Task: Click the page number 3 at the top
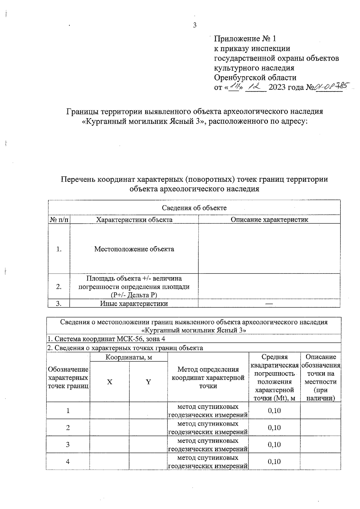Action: (195, 25)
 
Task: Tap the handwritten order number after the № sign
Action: (329, 87)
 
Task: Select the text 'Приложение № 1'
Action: (245, 39)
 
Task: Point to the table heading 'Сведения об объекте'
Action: (194, 208)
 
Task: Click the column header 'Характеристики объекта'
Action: (134, 220)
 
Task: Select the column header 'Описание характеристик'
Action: (269, 220)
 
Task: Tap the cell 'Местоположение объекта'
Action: (134, 249)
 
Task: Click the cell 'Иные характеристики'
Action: (134, 304)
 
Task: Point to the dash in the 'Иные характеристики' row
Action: (269, 304)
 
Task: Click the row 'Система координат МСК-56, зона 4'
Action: (106, 339)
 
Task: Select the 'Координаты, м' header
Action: (129, 357)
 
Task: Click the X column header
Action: (110, 382)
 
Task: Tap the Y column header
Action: (148, 382)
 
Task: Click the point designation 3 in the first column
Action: (68, 445)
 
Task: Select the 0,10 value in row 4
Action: (274, 461)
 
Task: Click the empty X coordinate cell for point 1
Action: (110, 411)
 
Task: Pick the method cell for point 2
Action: (208, 428)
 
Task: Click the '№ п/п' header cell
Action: (59, 220)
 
